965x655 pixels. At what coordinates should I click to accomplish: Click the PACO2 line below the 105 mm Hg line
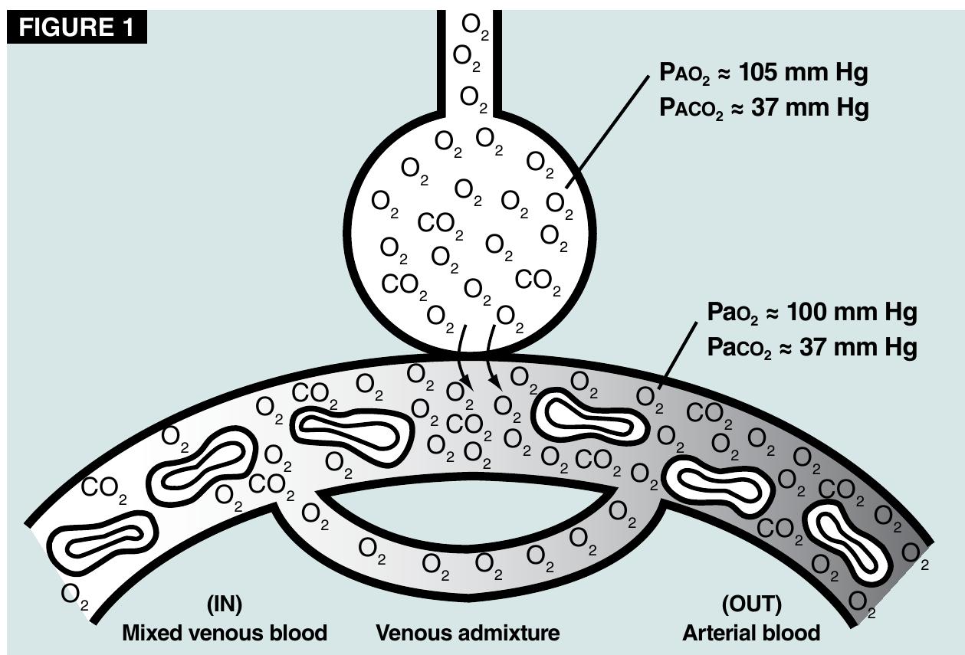764,108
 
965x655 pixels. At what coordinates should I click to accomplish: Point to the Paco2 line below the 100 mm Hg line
812,347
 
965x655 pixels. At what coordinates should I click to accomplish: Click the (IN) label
225,604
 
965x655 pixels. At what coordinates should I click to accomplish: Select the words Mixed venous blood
225,634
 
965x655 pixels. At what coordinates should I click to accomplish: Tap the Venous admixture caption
468,634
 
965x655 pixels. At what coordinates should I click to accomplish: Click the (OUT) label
751,604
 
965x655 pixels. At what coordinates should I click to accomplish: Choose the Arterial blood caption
751,634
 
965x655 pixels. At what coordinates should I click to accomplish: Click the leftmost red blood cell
102,541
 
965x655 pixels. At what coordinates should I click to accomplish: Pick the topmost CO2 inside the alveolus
440,224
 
